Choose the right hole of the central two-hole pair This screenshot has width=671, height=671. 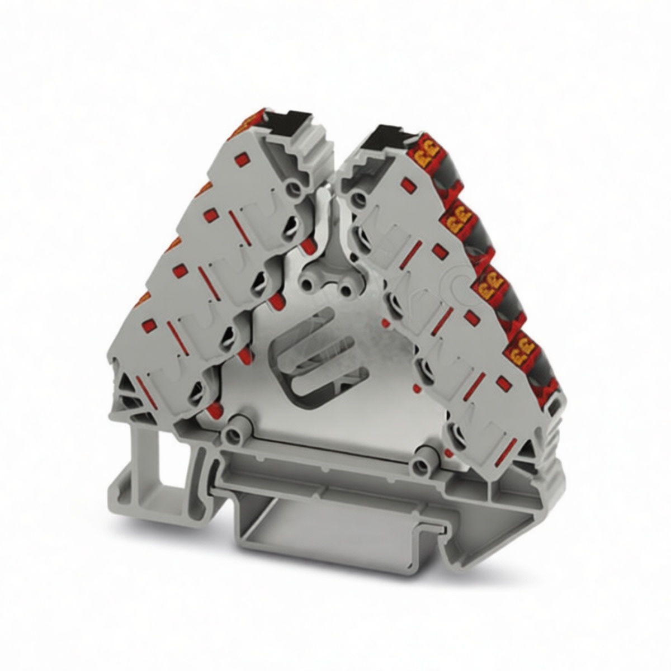click(346, 290)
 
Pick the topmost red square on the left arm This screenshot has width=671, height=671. click(242, 159)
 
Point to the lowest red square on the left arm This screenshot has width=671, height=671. click(148, 326)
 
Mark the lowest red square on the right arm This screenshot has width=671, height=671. click(504, 382)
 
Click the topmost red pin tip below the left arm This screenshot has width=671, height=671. click(306, 247)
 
